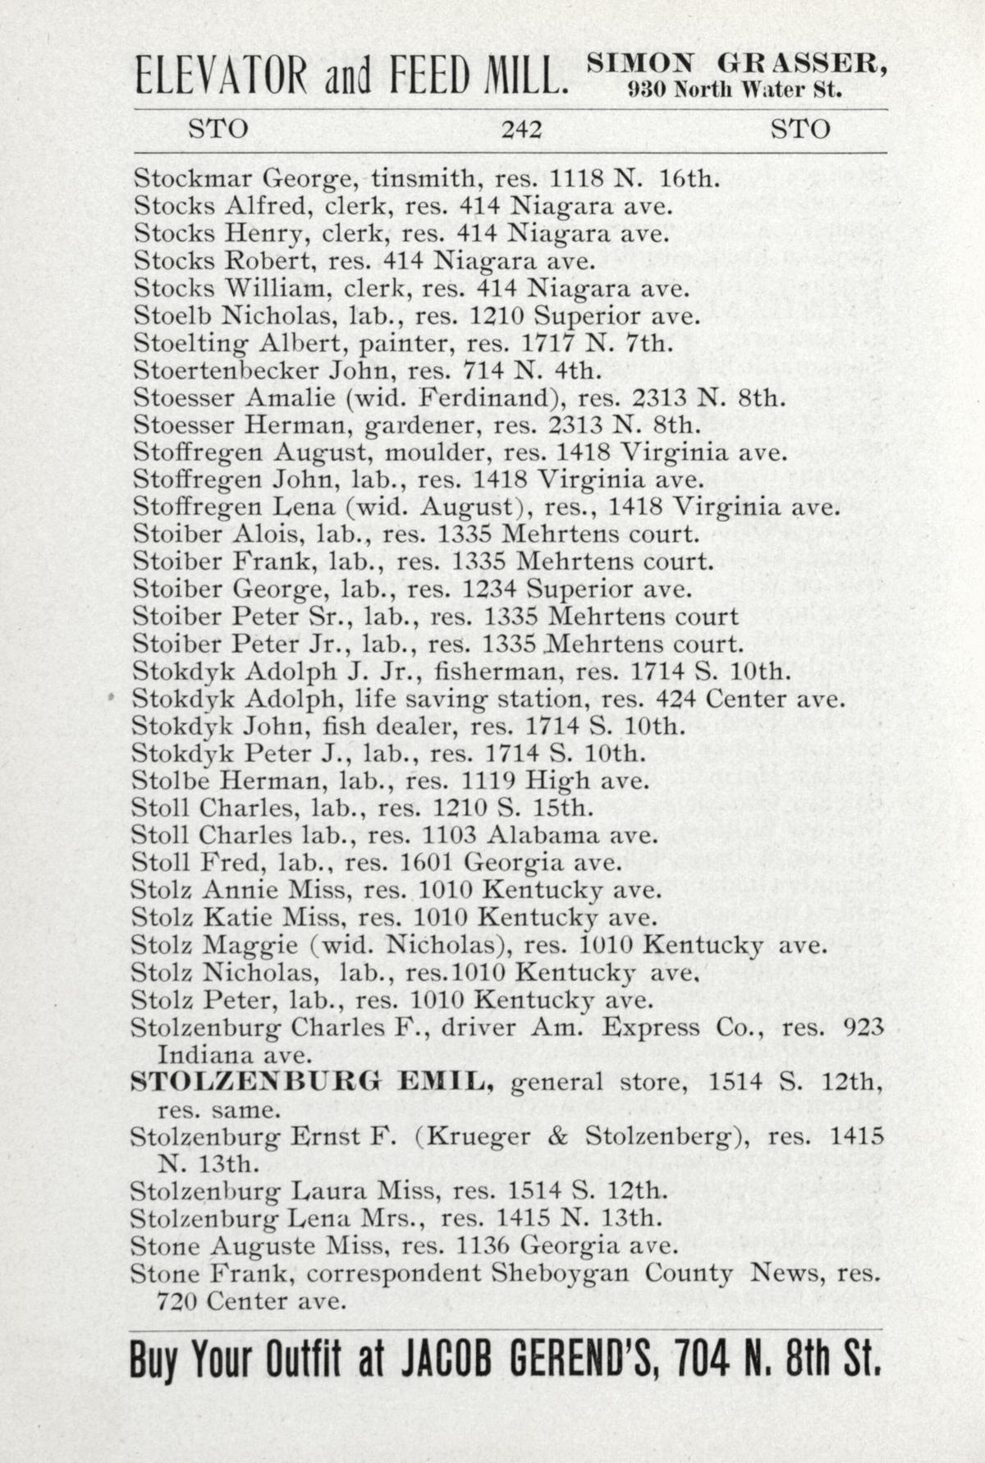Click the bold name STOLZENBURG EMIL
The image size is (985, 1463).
coord(312,1083)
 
